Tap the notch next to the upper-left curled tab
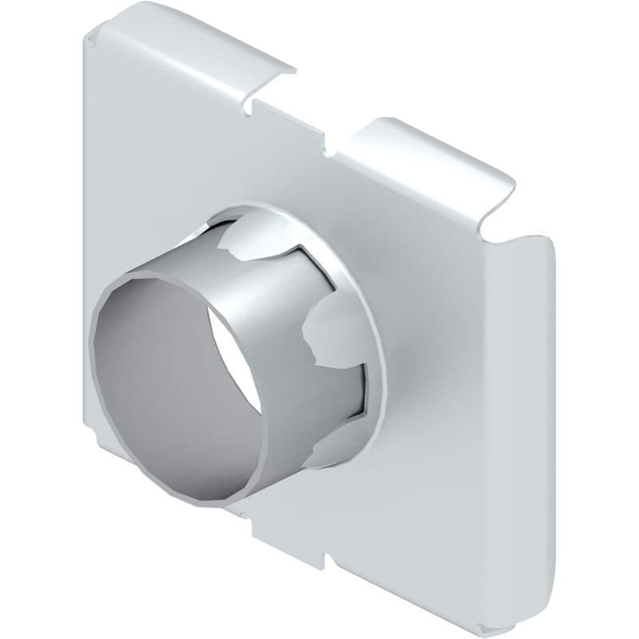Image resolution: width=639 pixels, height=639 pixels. click(x=250, y=102)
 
